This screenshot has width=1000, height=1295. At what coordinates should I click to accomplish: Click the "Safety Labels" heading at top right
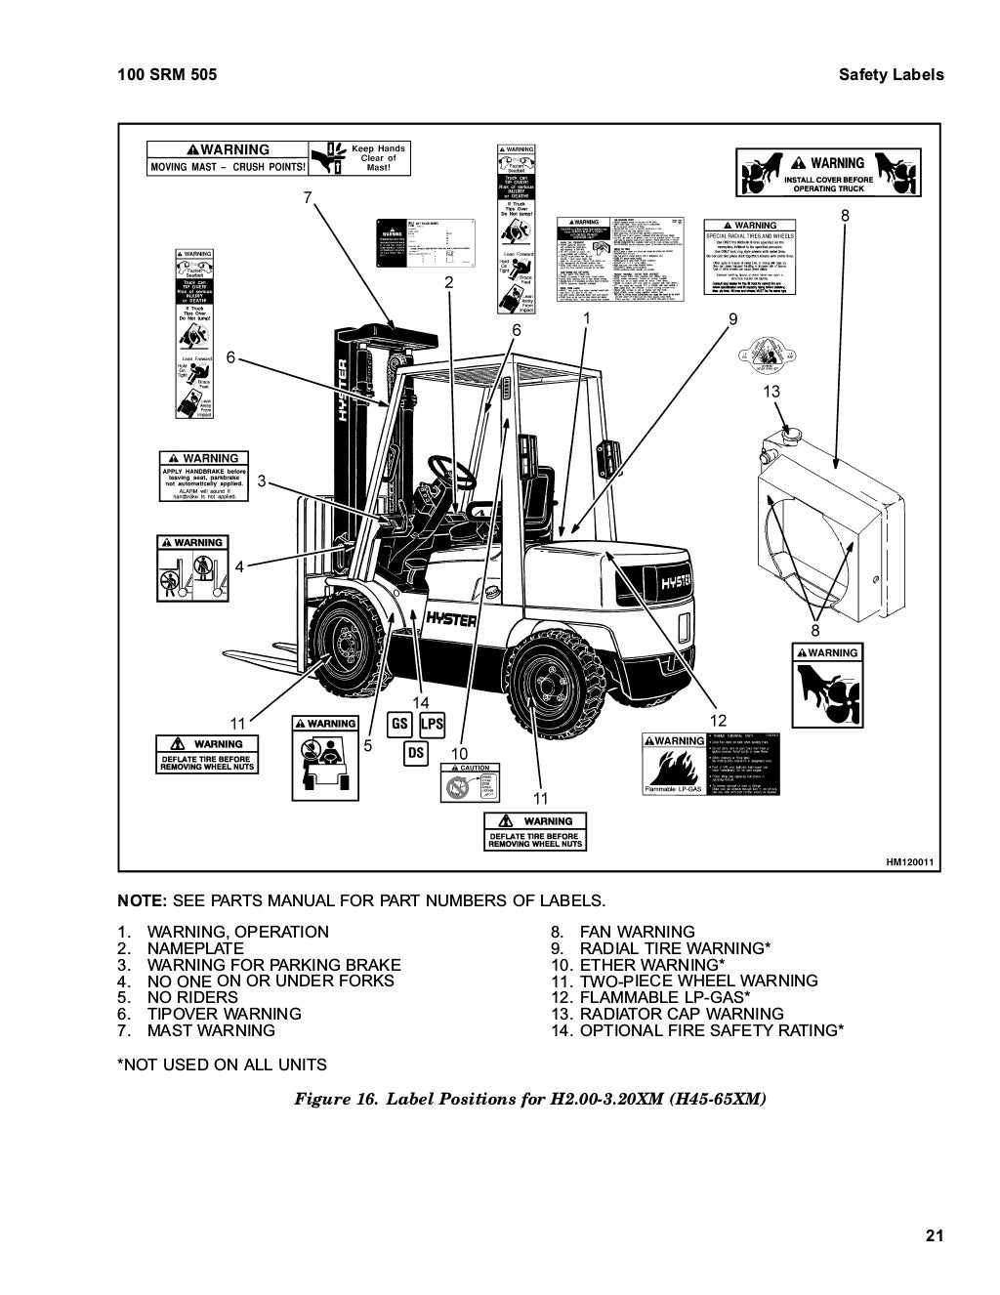point(891,74)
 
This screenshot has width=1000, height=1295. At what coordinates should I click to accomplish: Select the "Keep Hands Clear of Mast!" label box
point(359,158)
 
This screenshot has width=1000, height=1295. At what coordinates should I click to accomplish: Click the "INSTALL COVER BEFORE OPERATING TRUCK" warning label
point(826,174)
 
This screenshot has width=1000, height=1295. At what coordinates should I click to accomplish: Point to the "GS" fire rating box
point(400,725)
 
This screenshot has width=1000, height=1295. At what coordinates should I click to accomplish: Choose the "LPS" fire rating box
point(432,725)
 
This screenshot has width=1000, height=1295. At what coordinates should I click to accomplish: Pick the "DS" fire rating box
point(415,753)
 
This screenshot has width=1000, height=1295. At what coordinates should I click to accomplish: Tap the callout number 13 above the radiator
point(771,392)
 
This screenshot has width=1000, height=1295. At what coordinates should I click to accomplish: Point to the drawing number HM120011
point(910,862)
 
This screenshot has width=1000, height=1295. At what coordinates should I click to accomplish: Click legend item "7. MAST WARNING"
point(210,1030)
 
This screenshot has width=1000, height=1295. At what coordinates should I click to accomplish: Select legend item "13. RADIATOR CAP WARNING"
point(667,1014)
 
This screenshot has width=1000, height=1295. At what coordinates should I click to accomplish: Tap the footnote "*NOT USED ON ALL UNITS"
point(222,1065)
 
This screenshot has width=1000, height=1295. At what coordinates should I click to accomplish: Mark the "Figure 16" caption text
point(530,1099)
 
